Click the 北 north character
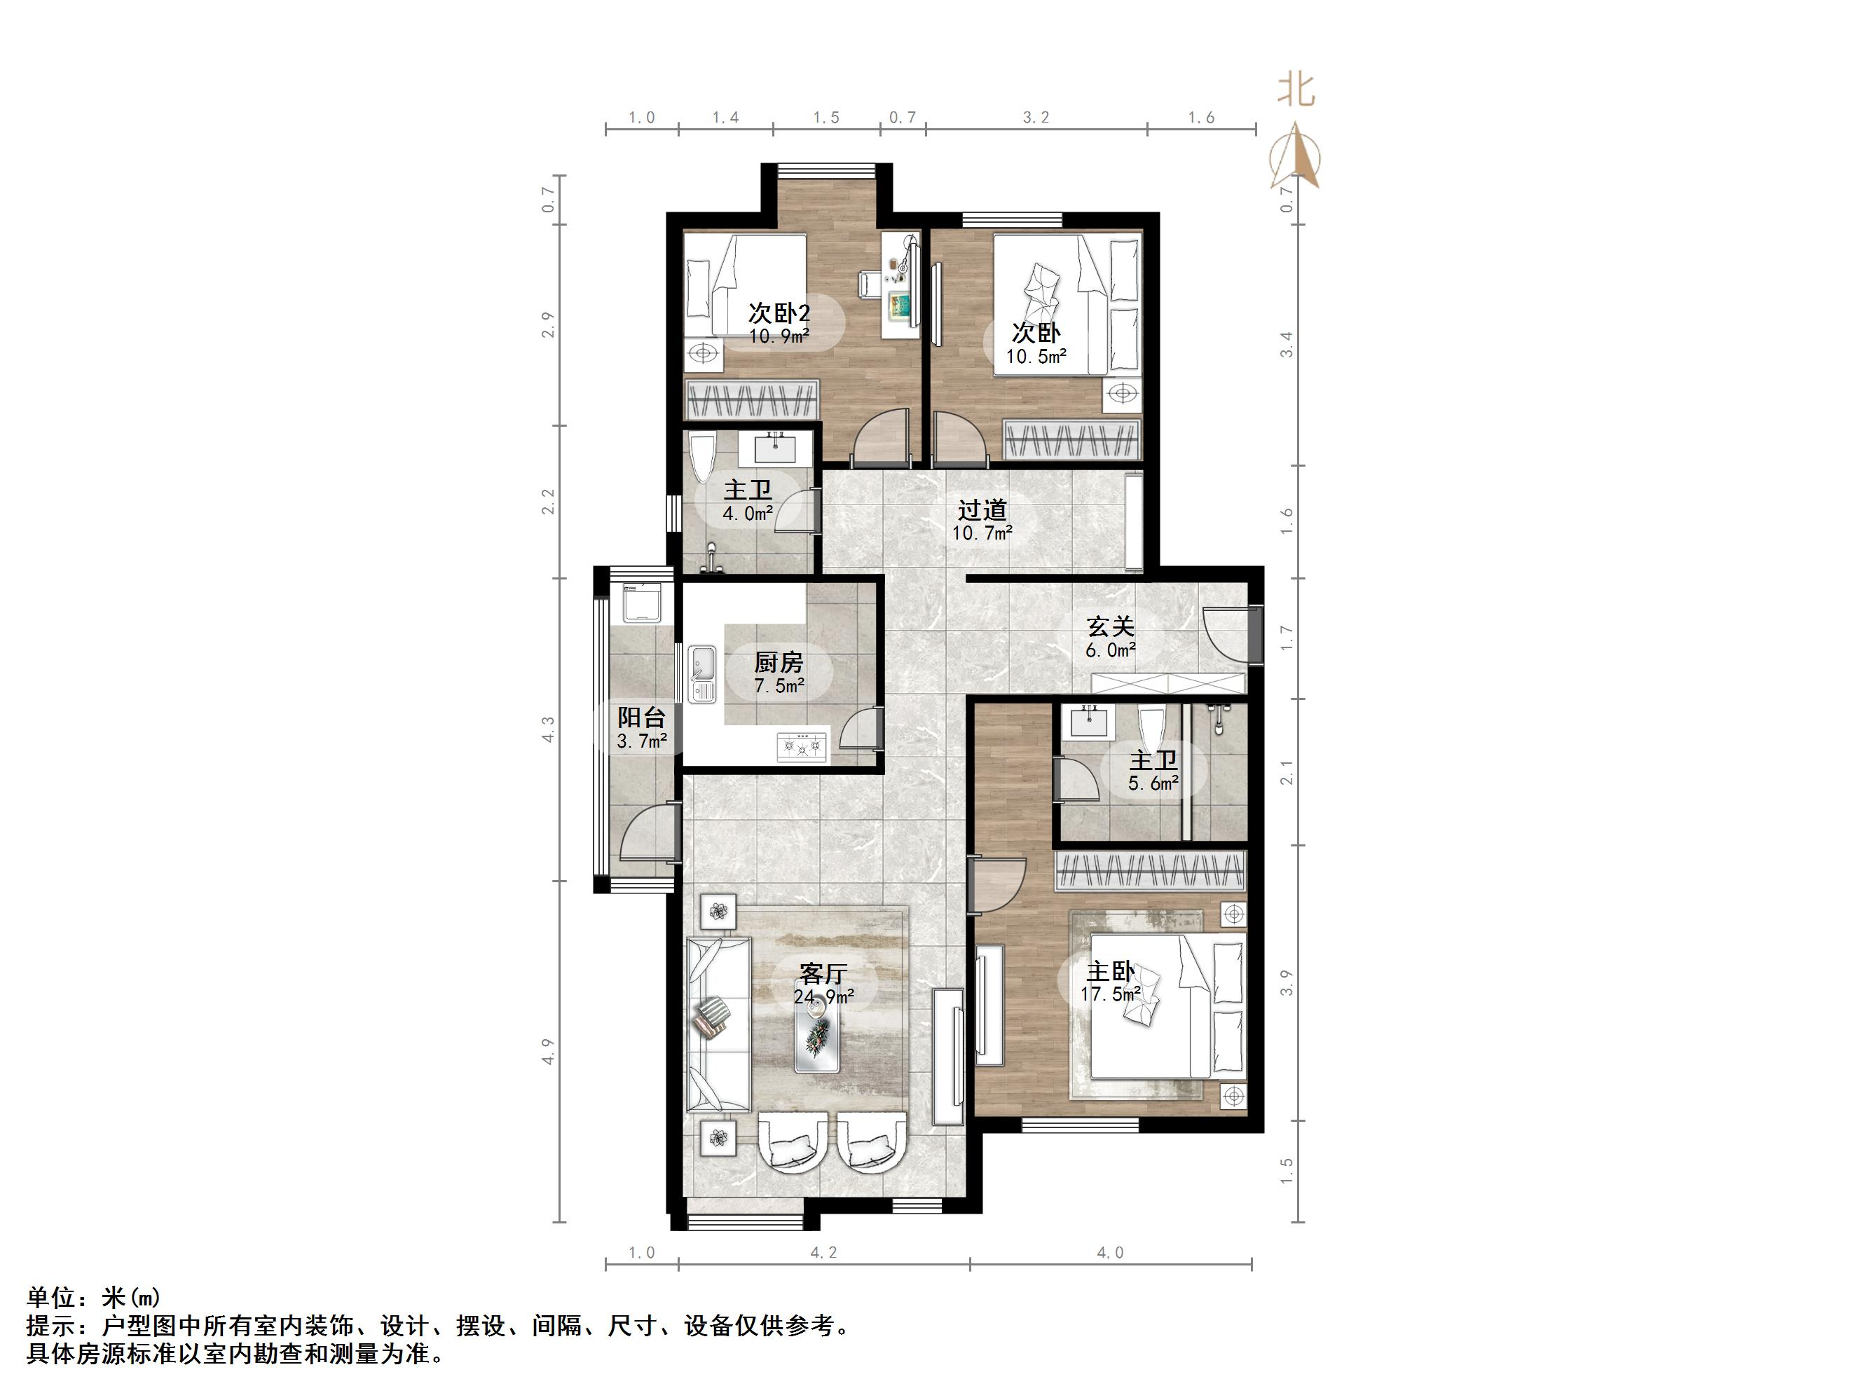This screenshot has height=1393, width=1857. [x=1296, y=90]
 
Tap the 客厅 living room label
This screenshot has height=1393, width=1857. [x=822, y=974]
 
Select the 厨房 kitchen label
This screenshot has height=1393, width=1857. [x=779, y=662]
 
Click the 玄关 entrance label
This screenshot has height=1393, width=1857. [x=1110, y=626]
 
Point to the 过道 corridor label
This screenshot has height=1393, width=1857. [x=982, y=509]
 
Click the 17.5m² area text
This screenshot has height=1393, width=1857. [x=1110, y=995]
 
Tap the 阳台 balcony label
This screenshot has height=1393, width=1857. [x=641, y=717]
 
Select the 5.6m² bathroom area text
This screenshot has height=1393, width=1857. [x=1153, y=783]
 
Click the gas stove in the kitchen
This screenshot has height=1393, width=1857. [x=802, y=746]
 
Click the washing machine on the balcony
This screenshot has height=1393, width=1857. [x=644, y=601]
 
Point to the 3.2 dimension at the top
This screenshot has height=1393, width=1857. [x=1036, y=118]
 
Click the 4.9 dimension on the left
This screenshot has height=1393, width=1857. [x=548, y=1051]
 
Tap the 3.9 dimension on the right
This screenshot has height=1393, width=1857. [x=1286, y=982]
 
